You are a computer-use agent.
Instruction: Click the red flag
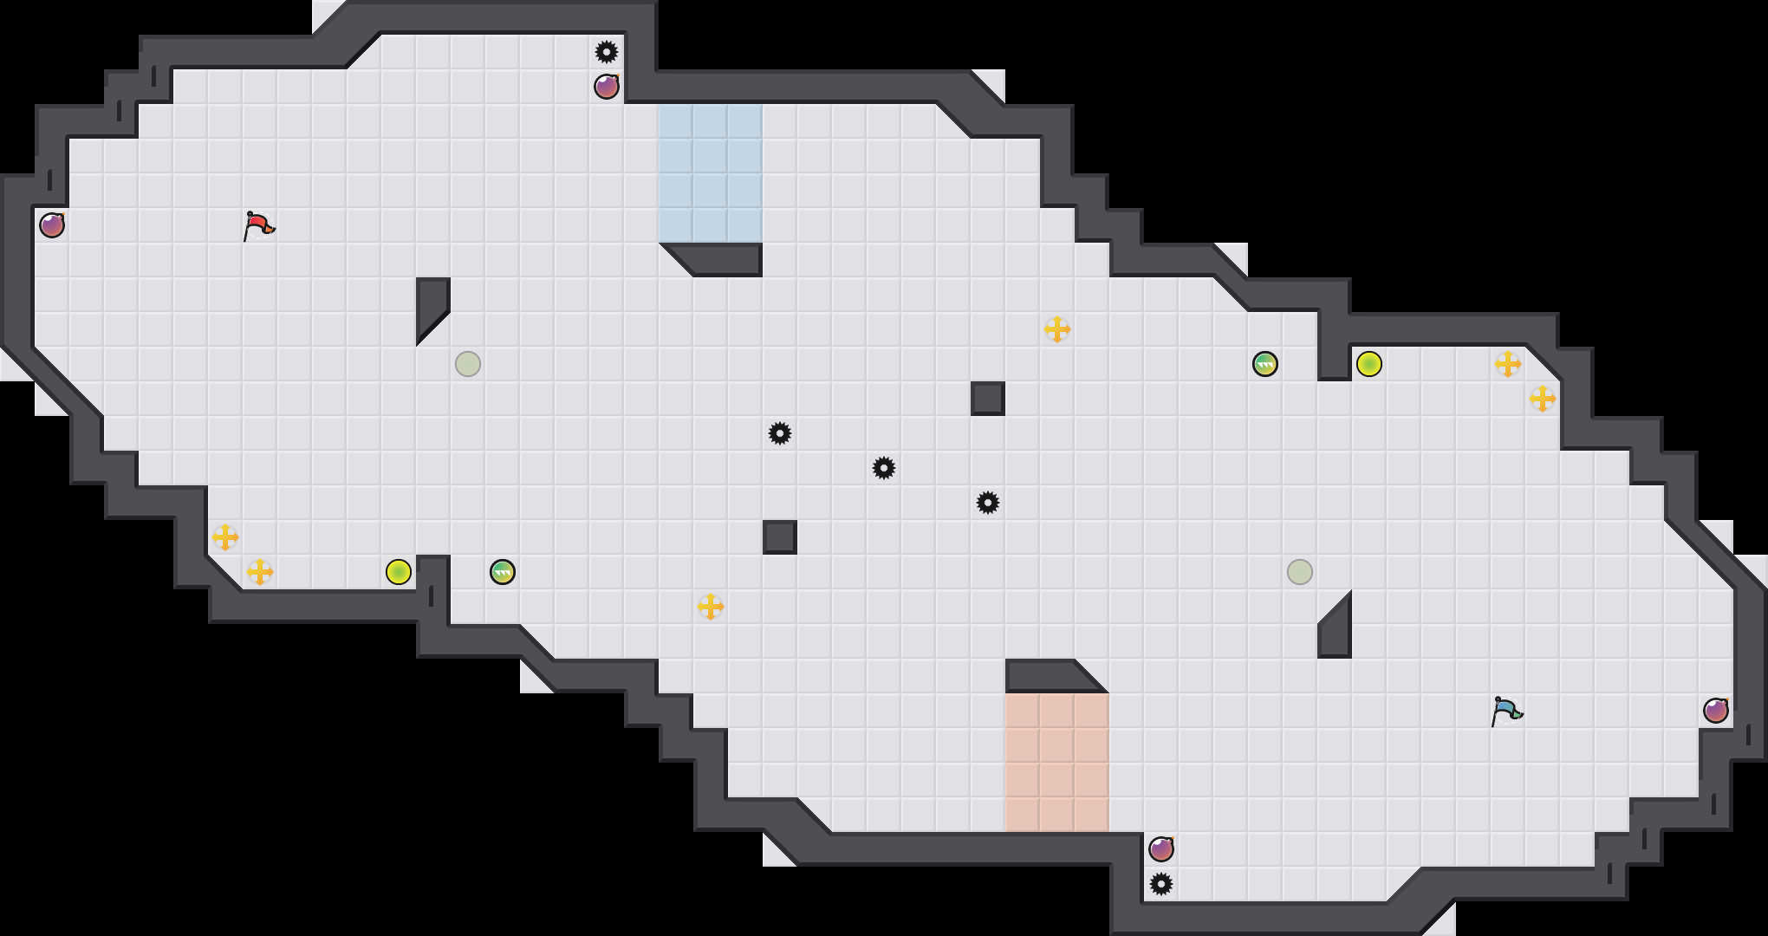point(258,225)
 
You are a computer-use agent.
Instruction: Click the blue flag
point(1506,711)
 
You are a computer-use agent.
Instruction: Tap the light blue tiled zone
point(710,173)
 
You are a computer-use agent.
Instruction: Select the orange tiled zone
point(1056,763)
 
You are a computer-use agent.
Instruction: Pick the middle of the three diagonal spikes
point(884,468)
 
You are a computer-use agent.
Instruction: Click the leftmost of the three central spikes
point(780,433)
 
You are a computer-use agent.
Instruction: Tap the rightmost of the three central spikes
point(988,503)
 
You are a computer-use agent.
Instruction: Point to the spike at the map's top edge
point(607,52)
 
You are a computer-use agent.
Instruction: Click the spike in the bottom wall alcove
point(1161,884)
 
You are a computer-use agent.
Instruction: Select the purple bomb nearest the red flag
point(52,225)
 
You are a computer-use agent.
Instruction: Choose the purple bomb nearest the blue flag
point(1716,711)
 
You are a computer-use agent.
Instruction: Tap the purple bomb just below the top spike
point(607,87)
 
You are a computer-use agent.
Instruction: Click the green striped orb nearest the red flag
point(503,572)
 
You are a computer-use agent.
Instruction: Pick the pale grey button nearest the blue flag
point(1300,572)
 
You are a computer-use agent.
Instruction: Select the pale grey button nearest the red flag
point(468,364)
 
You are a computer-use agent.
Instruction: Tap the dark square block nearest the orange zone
point(780,537)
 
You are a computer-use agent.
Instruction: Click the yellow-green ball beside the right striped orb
point(1369,364)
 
